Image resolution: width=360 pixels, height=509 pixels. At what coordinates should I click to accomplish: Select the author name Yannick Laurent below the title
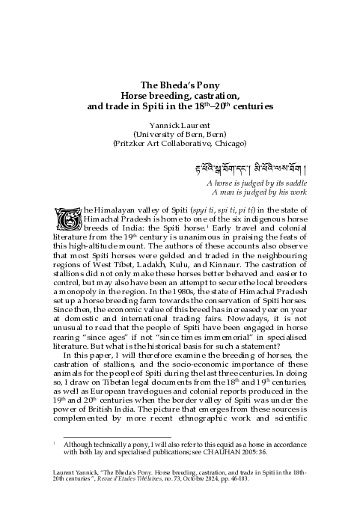[180, 124]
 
